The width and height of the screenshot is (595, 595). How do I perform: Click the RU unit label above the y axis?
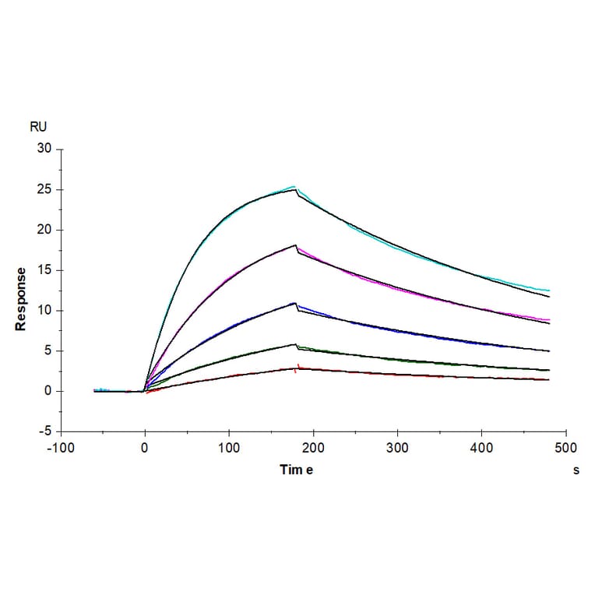pyautogui.click(x=37, y=127)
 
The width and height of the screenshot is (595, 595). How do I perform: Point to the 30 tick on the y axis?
pyautogui.click(x=45, y=149)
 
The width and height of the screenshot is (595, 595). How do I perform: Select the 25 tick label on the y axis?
pyautogui.click(x=45, y=189)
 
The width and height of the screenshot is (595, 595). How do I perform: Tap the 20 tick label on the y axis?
pyautogui.click(x=45, y=230)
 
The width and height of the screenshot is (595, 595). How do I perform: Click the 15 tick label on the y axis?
pyautogui.click(x=45, y=270)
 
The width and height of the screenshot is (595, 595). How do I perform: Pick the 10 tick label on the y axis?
pyautogui.click(x=45, y=311)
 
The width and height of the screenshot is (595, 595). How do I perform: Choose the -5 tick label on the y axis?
pyautogui.click(x=45, y=431)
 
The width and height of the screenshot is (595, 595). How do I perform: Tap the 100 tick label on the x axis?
pyautogui.click(x=229, y=449)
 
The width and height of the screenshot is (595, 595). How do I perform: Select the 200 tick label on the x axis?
pyautogui.click(x=313, y=449)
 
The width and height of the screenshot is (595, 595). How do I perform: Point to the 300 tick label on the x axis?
pyautogui.click(x=397, y=449)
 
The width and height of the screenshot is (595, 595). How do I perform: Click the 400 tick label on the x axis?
pyautogui.click(x=481, y=449)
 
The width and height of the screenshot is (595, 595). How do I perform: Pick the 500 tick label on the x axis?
pyautogui.click(x=565, y=449)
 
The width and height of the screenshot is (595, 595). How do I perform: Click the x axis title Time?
pyautogui.click(x=297, y=470)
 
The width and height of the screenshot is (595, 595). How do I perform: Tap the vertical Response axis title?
pyautogui.click(x=21, y=299)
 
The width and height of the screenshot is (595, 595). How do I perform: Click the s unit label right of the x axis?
pyautogui.click(x=576, y=470)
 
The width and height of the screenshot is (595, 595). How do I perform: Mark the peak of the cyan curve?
pyautogui.click(x=294, y=186)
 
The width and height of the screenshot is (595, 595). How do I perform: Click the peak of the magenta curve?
pyautogui.click(x=296, y=246)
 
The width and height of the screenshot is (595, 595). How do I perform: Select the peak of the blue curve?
pyautogui.click(x=294, y=303)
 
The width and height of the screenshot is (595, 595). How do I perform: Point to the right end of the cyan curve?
pyautogui.click(x=549, y=290)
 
